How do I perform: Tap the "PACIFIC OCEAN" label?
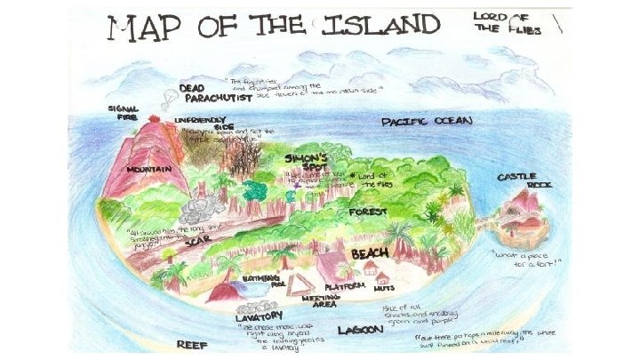(x=427, y=120)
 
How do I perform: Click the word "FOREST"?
(x=367, y=212)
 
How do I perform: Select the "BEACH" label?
(x=369, y=254)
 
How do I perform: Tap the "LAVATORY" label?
(x=259, y=316)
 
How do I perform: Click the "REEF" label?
(x=192, y=343)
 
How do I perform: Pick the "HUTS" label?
(x=384, y=288)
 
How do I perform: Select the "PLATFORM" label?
(x=344, y=286)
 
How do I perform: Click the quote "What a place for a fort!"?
(x=526, y=258)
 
